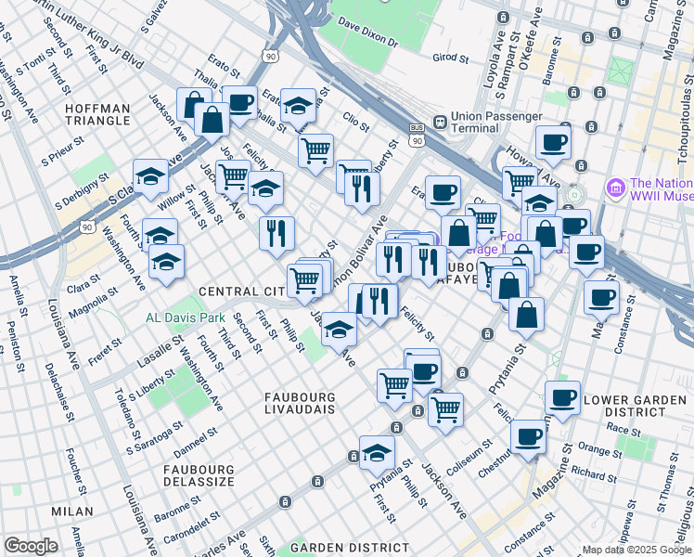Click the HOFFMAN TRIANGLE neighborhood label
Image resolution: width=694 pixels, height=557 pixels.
[x=97, y=114]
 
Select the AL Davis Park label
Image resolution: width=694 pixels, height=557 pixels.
[x=186, y=317]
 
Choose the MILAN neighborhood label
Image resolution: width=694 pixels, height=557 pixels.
[x=72, y=512]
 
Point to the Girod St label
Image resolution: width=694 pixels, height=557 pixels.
[x=451, y=58]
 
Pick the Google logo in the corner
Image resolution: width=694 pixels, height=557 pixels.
[x=31, y=546]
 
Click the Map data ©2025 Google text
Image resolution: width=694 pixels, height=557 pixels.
[x=636, y=550]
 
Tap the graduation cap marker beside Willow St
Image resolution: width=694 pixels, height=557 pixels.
[x=150, y=175]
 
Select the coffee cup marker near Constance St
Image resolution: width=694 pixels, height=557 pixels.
[x=601, y=298]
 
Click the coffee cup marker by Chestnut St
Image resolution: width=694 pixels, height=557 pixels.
[x=529, y=435]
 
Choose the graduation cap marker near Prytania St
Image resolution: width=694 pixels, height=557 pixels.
[x=377, y=453]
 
